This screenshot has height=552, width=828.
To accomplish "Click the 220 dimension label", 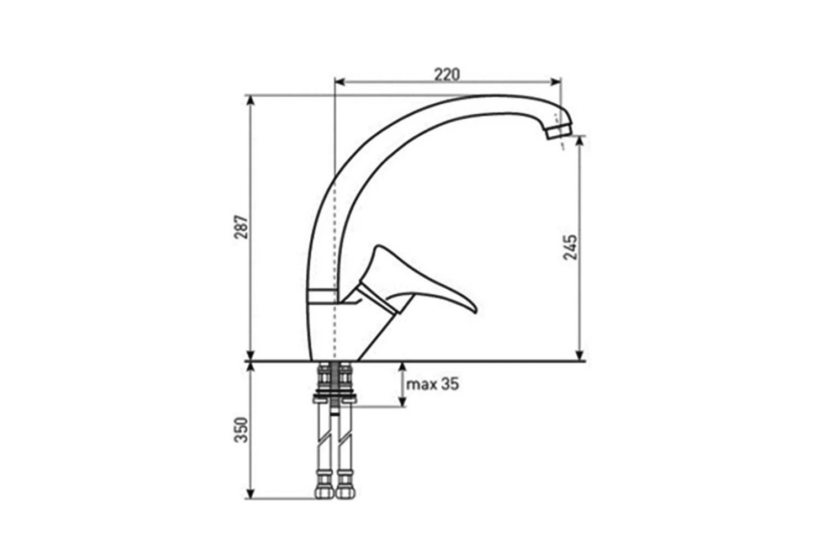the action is coord(447,75).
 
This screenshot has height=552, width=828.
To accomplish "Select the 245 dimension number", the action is coord(570,247).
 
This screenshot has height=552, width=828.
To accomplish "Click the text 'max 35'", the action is coord(432,385).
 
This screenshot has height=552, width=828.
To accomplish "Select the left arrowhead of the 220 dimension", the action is coord(339,82).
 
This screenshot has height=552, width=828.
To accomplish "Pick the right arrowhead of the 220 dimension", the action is coord(556,82).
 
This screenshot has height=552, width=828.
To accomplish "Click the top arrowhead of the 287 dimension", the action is coord(251,101).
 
